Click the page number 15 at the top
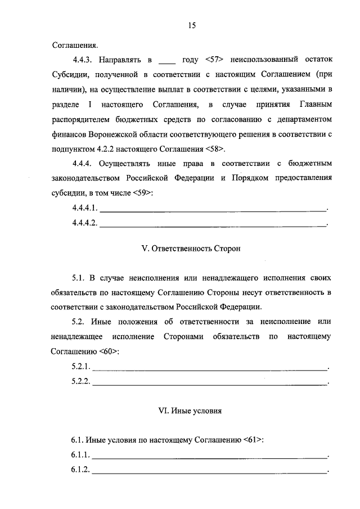pyautogui.click(x=192, y=25)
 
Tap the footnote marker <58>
pyautogui.click(x=215, y=149)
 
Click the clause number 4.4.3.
pyautogui.click(x=83, y=58)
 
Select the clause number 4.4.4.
pyautogui.click(x=83, y=164)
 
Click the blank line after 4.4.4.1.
pyautogui.click(x=213, y=210)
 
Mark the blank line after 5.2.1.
pyautogui.click(x=209, y=368)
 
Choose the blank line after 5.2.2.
pyautogui.click(x=209, y=383)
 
